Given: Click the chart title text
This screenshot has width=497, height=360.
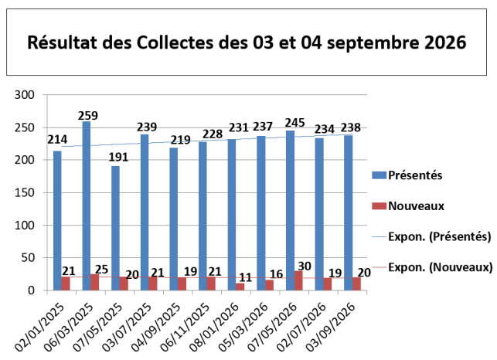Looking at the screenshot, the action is pyautogui.click(x=247, y=42).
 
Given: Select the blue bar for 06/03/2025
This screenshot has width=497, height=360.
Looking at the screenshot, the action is pyautogui.click(x=87, y=205).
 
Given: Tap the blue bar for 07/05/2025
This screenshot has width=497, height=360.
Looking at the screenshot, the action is pyautogui.click(x=115, y=228).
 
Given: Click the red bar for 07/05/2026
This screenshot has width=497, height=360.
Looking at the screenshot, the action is pyautogui.click(x=298, y=280).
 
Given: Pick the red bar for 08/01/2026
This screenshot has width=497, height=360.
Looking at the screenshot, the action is pyautogui.click(x=240, y=287).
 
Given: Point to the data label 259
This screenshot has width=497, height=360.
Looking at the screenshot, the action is pyautogui.click(x=88, y=115).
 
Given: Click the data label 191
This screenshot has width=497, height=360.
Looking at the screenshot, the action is pyautogui.click(x=118, y=157).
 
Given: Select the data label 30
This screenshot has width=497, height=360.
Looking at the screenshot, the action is pyautogui.click(x=305, y=267).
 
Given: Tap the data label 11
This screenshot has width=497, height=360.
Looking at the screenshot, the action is pyautogui.click(x=245, y=277).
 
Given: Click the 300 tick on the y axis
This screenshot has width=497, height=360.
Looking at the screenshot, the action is pyautogui.click(x=25, y=95).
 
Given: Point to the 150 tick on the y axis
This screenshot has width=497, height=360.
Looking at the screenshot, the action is pyautogui.click(x=25, y=192).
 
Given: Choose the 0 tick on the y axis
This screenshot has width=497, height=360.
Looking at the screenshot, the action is pyautogui.click(x=31, y=290).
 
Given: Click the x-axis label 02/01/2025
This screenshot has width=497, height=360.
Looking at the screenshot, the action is pyautogui.click(x=40, y=327).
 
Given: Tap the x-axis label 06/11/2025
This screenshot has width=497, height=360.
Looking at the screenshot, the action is pyautogui.click(x=186, y=327).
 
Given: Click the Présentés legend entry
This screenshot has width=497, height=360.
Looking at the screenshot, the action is pyautogui.click(x=407, y=175).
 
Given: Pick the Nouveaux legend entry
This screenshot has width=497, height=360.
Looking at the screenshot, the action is pyautogui.click(x=408, y=206).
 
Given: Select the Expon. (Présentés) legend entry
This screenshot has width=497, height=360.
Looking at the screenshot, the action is pyautogui.click(x=432, y=236).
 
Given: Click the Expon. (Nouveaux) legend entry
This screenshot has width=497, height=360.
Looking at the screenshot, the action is pyautogui.click(x=432, y=267).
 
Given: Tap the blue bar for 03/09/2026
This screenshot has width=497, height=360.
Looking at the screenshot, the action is pyautogui.click(x=348, y=212).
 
